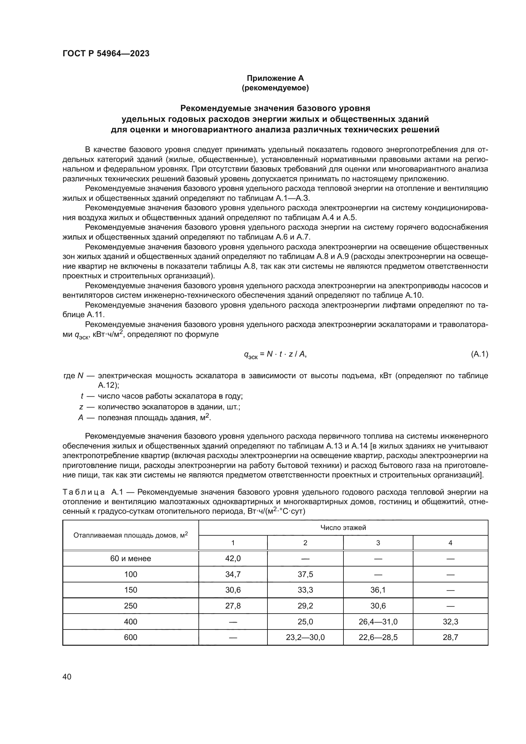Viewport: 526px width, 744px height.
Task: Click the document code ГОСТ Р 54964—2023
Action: click(x=106, y=53)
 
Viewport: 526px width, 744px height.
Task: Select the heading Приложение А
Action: click(x=275, y=78)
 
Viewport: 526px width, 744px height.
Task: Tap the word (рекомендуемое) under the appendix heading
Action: click(x=275, y=88)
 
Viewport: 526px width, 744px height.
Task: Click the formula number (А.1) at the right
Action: click(x=479, y=354)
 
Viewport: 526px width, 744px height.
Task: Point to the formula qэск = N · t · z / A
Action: click(x=275, y=355)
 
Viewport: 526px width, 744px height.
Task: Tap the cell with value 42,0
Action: click(x=233, y=558)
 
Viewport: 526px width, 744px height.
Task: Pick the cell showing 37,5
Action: click(x=305, y=574)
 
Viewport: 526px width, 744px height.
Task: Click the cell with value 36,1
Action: click(x=378, y=590)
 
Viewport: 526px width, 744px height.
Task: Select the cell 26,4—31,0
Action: click(x=378, y=622)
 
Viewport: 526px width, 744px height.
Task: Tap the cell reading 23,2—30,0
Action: click(x=305, y=637)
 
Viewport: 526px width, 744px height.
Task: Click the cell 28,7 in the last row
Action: click(x=450, y=637)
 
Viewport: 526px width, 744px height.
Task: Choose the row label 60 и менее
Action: click(x=130, y=558)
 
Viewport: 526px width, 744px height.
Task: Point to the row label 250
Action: click(x=130, y=606)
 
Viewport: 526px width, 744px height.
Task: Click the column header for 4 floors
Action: click(x=450, y=543)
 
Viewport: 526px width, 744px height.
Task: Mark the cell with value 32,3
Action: click(x=450, y=622)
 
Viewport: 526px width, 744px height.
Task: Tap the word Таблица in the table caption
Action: click(x=84, y=492)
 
